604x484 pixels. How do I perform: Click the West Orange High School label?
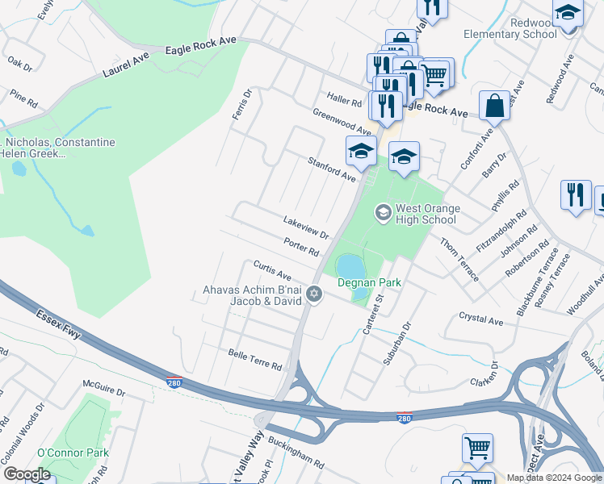tap(426, 214)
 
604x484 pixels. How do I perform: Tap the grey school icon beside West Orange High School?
tap(383, 214)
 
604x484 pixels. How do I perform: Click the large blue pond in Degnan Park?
tap(350, 265)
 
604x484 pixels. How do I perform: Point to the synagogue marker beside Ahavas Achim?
tap(315, 295)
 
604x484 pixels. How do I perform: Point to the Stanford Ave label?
tap(332, 169)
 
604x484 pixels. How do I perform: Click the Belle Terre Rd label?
tap(254, 360)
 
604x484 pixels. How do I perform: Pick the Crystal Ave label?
tap(480, 320)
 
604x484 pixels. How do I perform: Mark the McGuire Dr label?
tap(104, 392)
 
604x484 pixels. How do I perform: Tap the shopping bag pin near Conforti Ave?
tap(494, 106)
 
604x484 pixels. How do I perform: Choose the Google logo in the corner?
tap(27, 474)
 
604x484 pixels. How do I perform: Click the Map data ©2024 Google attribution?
tap(554, 478)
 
